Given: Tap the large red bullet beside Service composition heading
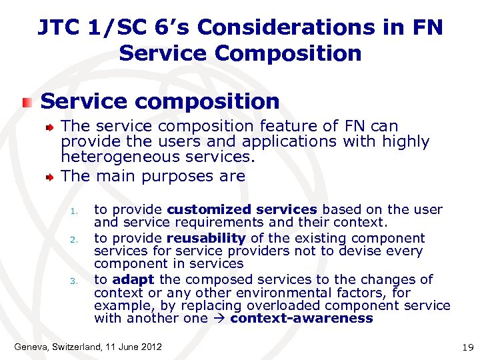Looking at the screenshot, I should click(x=26, y=102).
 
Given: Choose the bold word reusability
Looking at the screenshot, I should click(x=206, y=238).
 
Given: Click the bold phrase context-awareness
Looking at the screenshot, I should click(x=301, y=318).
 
